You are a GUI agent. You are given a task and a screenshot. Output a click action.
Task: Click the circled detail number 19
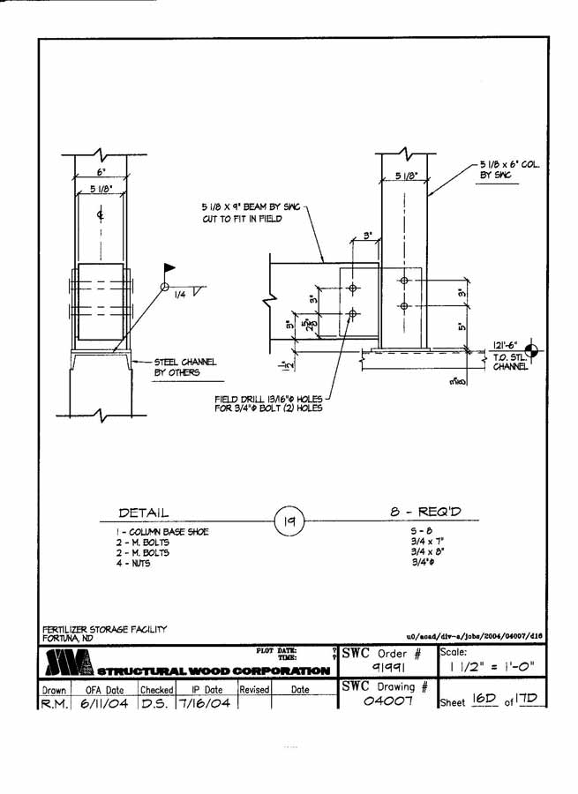coord(289,521)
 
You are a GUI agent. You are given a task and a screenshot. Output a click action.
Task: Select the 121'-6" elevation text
coord(506,347)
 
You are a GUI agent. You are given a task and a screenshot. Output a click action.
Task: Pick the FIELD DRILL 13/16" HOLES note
coord(267,402)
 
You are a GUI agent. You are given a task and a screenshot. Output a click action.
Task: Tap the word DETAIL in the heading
coord(143,513)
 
